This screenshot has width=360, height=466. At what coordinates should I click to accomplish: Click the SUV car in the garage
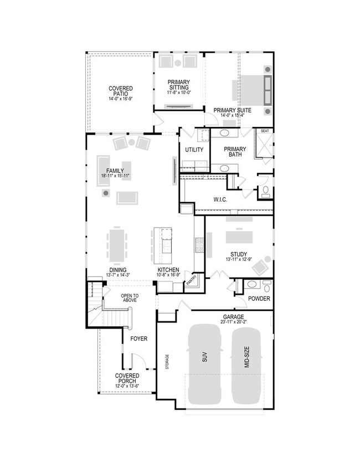click(205, 364)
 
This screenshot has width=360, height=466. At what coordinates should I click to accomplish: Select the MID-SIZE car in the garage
click(246, 364)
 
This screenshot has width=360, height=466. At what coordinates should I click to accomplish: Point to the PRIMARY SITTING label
click(178, 85)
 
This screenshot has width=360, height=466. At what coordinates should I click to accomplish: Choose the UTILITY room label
click(194, 150)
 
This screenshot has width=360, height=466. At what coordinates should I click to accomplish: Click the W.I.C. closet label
click(220, 199)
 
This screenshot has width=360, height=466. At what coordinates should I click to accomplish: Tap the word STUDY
click(239, 254)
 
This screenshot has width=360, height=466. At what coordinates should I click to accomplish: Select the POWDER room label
click(259, 299)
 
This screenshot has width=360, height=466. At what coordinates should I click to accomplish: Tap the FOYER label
click(138, 338)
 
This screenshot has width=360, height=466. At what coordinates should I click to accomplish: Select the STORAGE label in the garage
click(167, 362)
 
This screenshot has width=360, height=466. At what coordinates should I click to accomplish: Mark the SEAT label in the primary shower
click(265, 131)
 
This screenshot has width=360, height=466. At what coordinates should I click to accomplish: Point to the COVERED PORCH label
click(127, 378)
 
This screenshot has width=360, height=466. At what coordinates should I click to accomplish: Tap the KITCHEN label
click(167, 270)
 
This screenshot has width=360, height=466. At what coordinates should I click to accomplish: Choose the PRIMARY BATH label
click(235, 151)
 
